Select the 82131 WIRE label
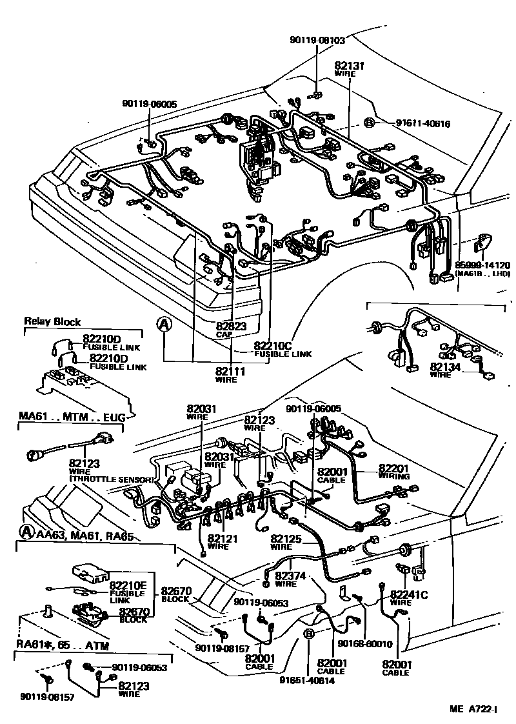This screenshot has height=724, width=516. click(x=350, y=69)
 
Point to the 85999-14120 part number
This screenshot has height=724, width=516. click(x=482, y=265)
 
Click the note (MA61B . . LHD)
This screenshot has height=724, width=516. click(x=482, y=274)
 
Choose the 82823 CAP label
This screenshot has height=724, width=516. click(x=231, y=330)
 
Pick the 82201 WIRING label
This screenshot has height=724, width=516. click(x=393, y=472)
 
